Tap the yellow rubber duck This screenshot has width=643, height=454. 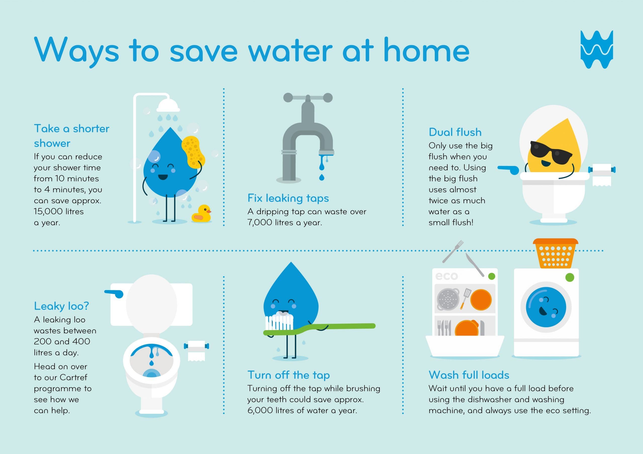pyautogui.click(x=201, y=214)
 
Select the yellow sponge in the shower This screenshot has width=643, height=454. pyautogui.click(x=193, y=152)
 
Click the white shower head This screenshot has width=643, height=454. pyautogui.click(x=168, y=106)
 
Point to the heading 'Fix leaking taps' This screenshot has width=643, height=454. pyautogui.click(x=288, y=198)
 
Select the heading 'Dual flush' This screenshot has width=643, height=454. pyautogui.click(x=455, y=132)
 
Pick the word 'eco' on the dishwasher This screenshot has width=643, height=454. pyautogui.click(x=446, y=276)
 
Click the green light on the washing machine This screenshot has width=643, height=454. pyautogui.click(x=570, y=277)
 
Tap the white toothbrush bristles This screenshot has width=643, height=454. pyautogui.click(x=279, y=322)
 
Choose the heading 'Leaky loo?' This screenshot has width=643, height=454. pyautogui.click(x=61, y=306)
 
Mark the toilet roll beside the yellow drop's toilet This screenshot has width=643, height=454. pyautogui.click(x=602, y=174)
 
